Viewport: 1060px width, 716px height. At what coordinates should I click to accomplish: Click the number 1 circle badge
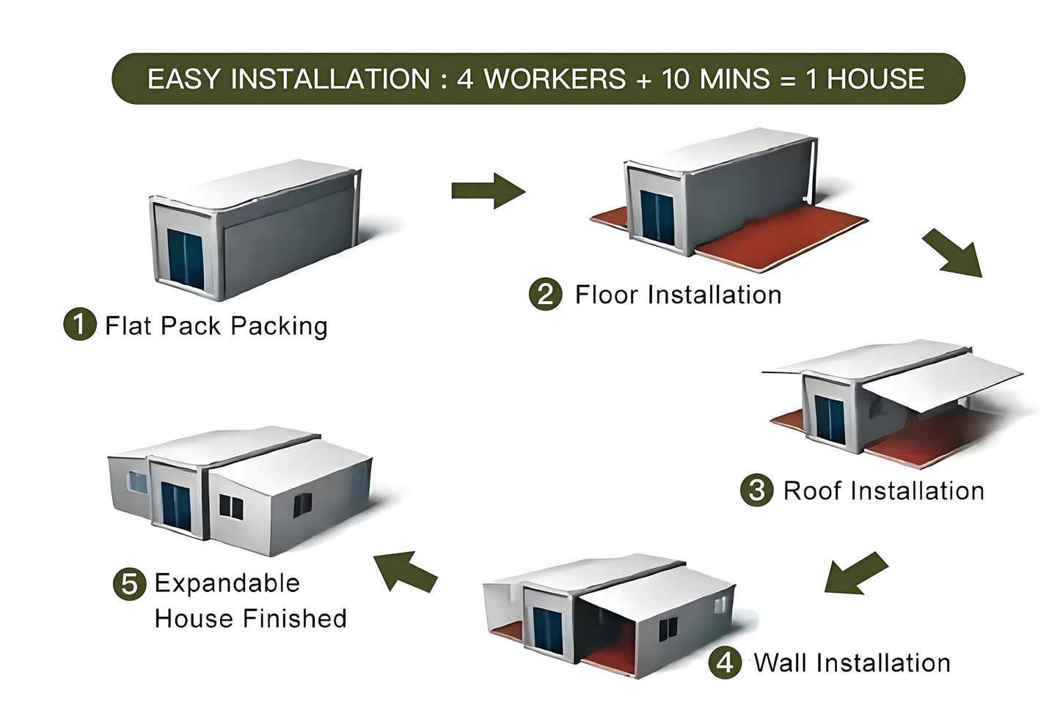coord(80,325)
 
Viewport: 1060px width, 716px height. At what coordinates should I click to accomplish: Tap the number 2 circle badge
coord(545,295)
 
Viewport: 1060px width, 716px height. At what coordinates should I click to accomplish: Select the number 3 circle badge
coord(756,490)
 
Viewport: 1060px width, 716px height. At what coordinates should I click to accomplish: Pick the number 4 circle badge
coord(725,663)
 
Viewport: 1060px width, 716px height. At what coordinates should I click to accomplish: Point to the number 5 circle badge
coord(129,584)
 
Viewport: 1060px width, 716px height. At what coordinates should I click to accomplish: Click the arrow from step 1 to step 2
coord(489,191)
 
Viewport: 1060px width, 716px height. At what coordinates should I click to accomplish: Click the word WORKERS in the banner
coord(555,79)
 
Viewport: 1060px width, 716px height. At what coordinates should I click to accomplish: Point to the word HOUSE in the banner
coord(875,79)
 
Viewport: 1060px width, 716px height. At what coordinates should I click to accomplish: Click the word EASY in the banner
coord(184,79)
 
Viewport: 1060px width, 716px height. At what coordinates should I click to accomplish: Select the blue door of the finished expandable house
coord(176,506)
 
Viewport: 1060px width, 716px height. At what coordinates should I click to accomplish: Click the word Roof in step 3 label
coord(811,490)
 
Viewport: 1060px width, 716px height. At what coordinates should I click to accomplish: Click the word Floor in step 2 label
coord(607,295)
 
